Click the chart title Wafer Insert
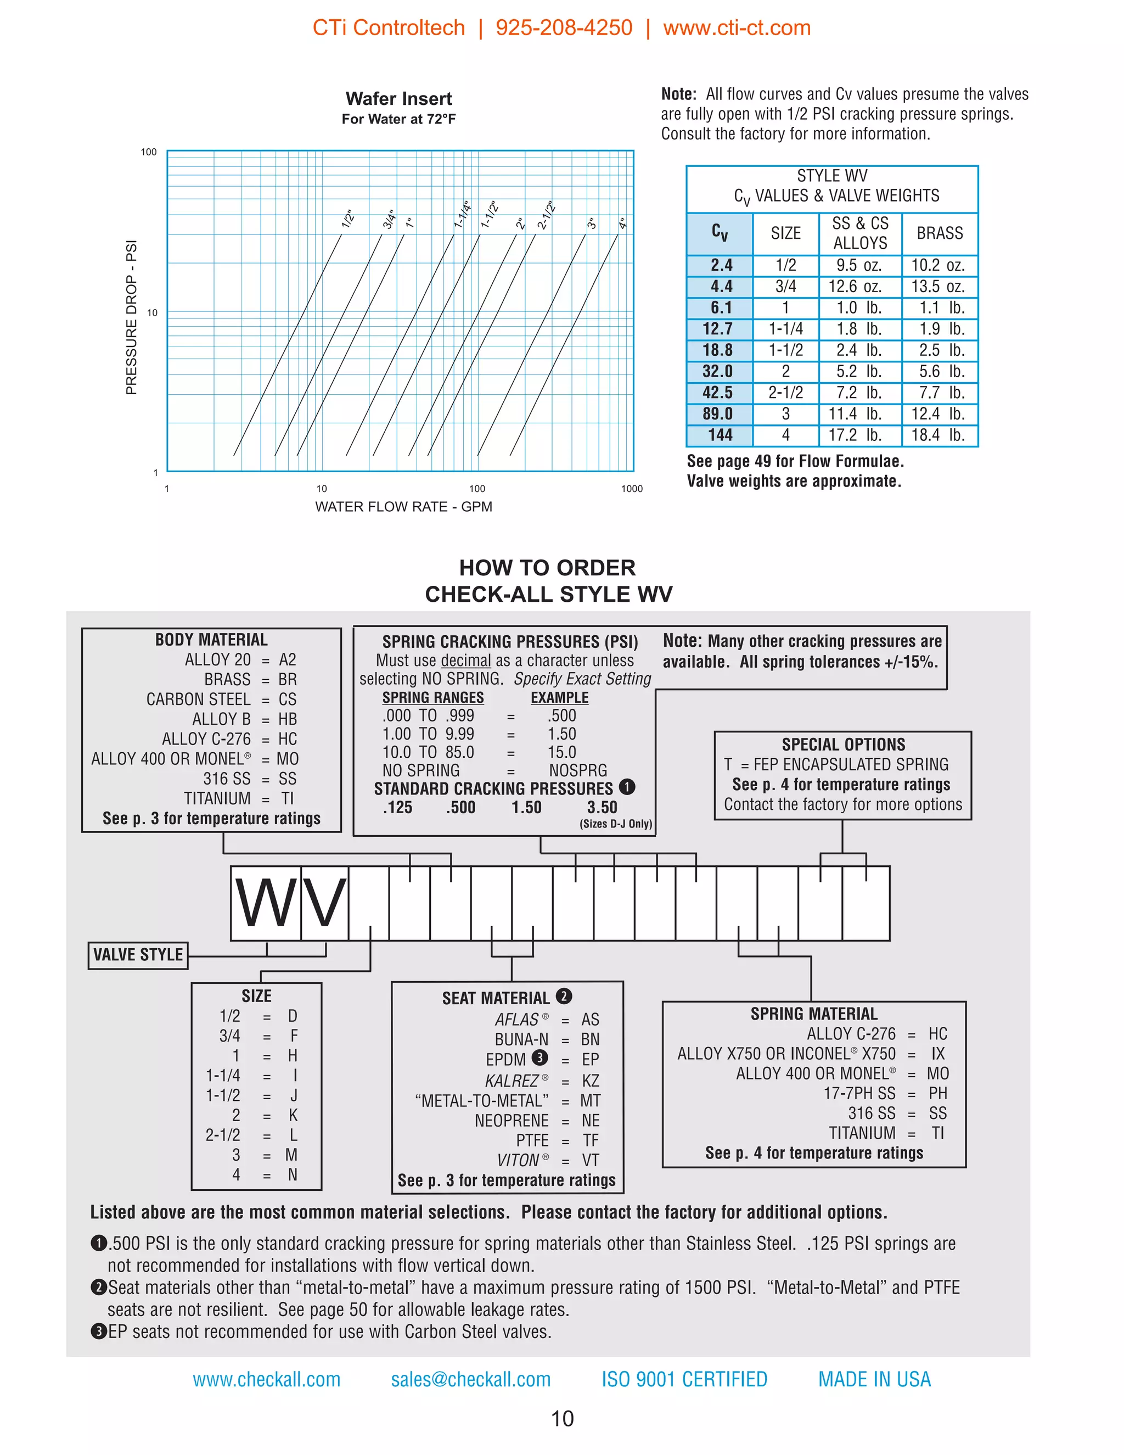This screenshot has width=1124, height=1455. tap(398, 99)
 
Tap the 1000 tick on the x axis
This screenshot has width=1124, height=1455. tap(631, 488)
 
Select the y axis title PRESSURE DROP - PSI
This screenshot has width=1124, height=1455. tap(131, 317)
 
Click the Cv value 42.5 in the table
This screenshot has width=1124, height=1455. tap(717, 393)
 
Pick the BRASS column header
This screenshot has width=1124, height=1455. tap(939, 233)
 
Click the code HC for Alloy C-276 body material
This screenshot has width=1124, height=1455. tap(288, 739)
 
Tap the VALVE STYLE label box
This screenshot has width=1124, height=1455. tap(138, 955)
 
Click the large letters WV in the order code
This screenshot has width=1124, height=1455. tap(290, 903)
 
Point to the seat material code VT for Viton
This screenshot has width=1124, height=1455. tap(590, 1160)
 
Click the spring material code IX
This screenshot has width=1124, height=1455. tap(937, 1053)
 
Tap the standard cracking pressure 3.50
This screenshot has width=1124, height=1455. tap(602, 808)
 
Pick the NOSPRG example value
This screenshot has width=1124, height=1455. tap(577, 770)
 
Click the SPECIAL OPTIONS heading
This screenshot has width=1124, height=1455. tap(843, 744)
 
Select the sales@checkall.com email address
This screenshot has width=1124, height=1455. tap(471, 1379)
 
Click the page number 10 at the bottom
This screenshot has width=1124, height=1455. tap(562, 1418)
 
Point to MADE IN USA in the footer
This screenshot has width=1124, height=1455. tap(874, 1379)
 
